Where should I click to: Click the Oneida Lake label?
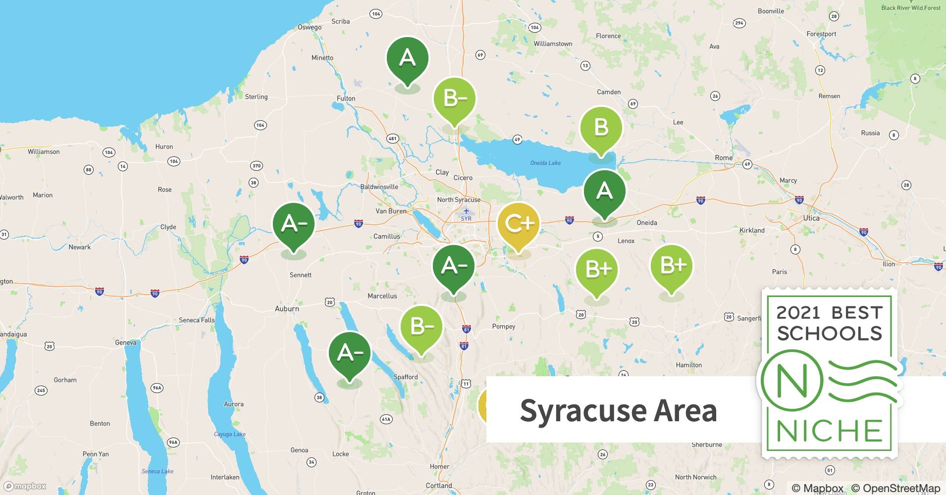click(545, 163)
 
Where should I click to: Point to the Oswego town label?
click(310, 27)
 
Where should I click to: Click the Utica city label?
click(811, 218)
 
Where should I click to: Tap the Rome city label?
click(723, 158)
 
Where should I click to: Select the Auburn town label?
click(287, 308)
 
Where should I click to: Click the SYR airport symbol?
click(466, 211)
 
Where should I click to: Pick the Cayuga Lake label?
click(229, 434)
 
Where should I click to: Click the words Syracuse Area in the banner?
click(618, 410)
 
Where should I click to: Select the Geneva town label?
click(125, 343)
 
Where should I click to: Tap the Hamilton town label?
click(688, 365)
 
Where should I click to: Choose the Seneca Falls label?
click(197, 320)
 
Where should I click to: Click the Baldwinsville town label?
click(379, 187)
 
